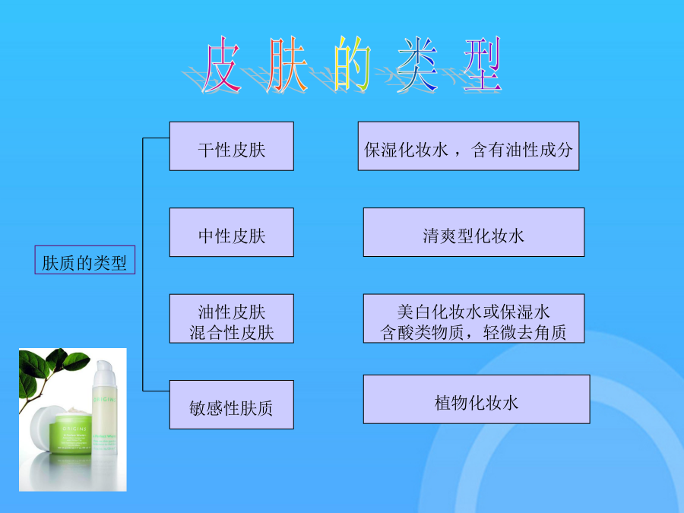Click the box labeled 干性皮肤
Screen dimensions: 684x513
coord(231,146)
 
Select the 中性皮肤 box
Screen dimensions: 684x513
coord(231,232)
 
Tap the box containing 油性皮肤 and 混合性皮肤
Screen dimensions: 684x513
coord(231,318)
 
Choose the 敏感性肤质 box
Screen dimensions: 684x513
coord(231,404)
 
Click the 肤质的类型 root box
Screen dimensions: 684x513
coord(85,260)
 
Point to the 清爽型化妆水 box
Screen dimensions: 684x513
coord(473,232)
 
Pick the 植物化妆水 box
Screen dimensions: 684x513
coord(477,399)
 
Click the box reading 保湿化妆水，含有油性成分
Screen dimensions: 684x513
coord(468,146)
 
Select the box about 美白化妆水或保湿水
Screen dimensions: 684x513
coord(473,318)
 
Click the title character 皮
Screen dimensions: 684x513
coord(221,65)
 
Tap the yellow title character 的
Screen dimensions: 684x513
coord(352,65)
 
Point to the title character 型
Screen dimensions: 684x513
coord(483,65)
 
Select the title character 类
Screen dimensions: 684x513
coord(417,65)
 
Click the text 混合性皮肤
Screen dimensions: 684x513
coord(231,332)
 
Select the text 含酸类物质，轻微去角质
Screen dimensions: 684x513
coord(473,332)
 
